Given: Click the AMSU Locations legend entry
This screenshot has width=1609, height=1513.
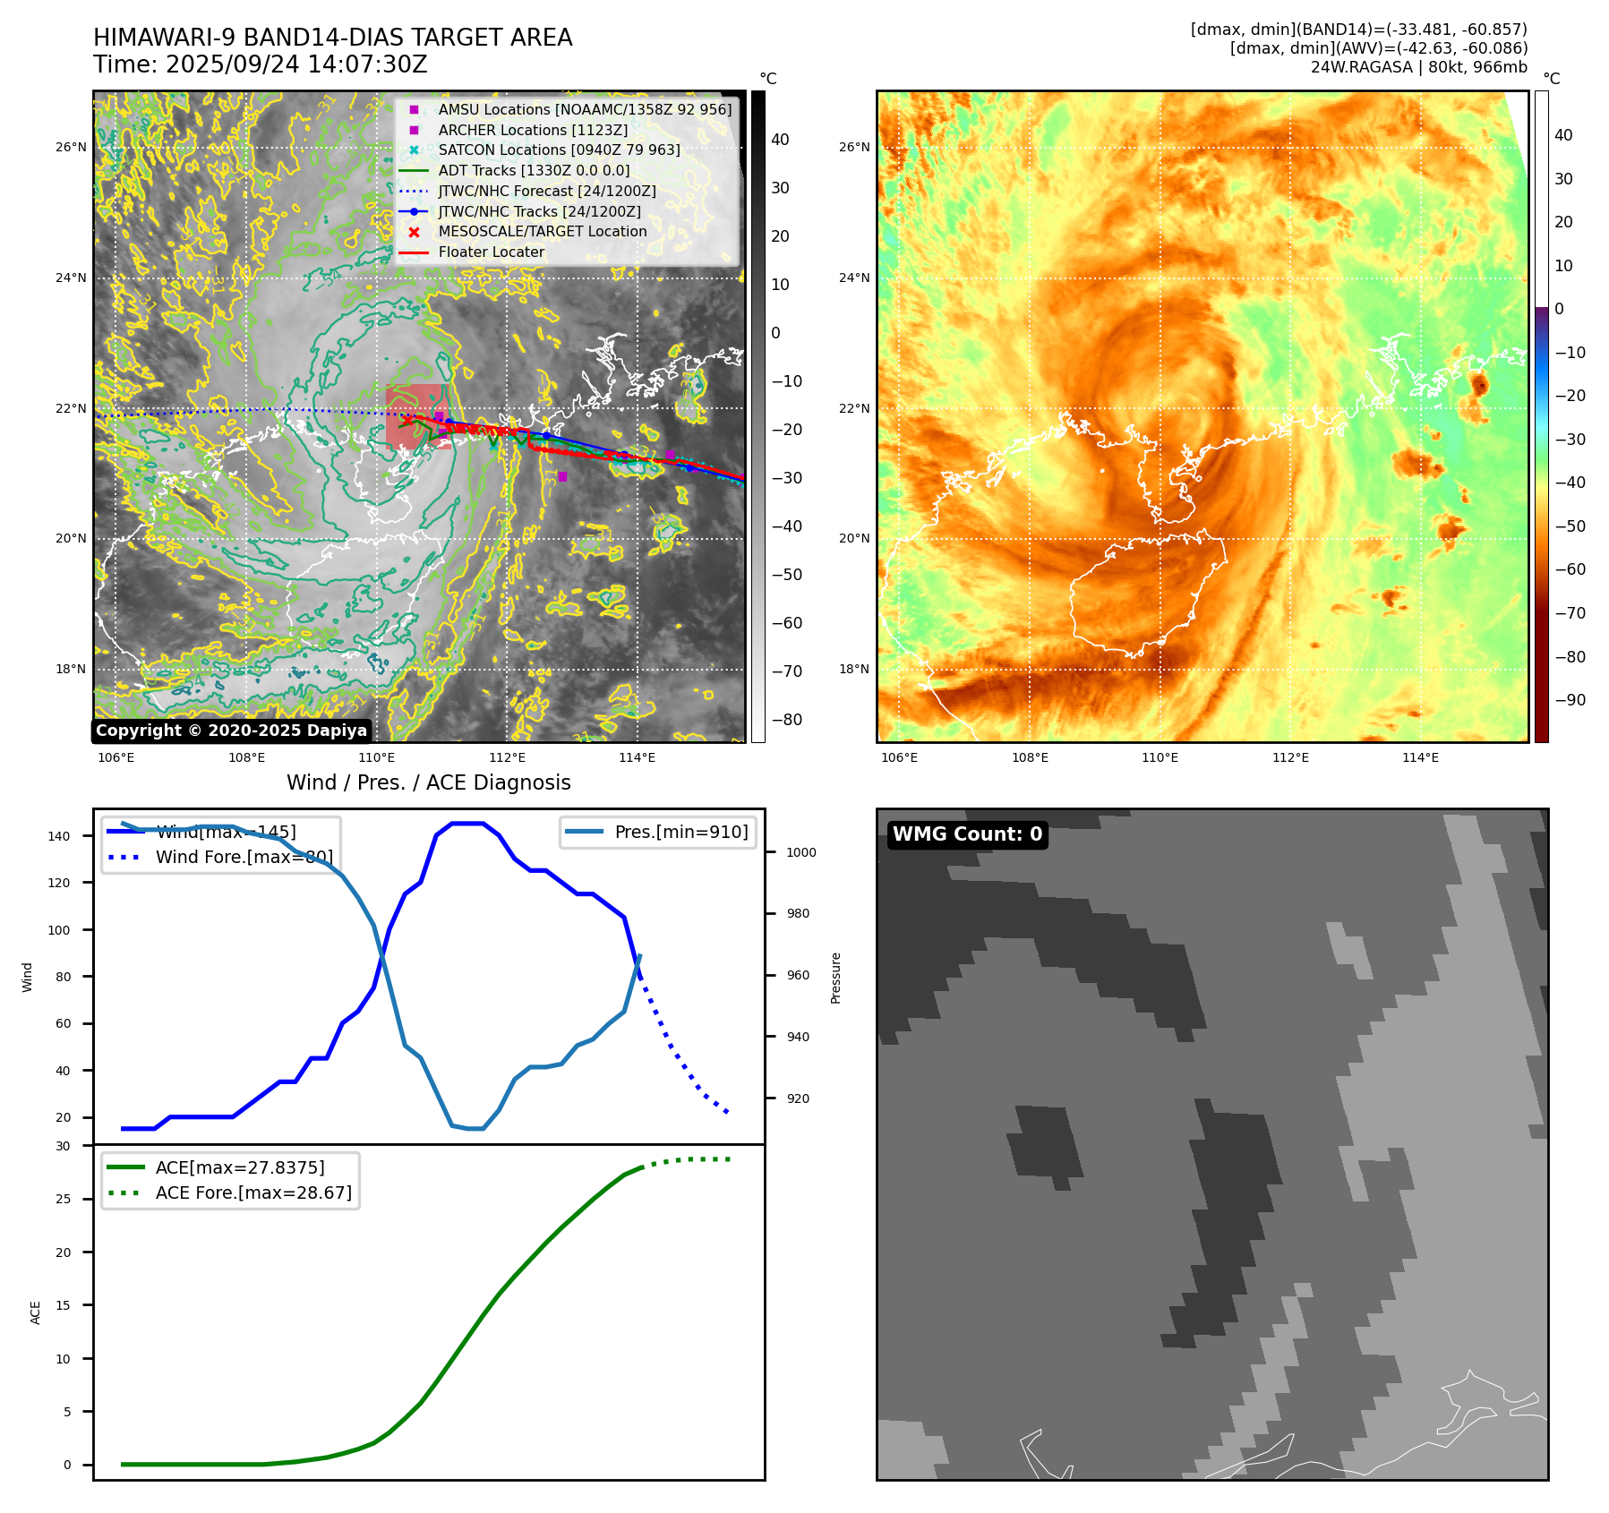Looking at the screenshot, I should tap(584, 109).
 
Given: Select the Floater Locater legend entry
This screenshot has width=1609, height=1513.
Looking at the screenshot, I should tap(491, 252).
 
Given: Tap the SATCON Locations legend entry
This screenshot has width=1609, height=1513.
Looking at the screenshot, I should tap(559, 150).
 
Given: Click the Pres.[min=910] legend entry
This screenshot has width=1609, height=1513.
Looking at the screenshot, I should tap(680, 832).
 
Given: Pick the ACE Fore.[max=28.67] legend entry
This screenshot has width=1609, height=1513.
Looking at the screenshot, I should tap(253, 1192).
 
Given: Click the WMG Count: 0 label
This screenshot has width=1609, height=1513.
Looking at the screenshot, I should tap(967, 834).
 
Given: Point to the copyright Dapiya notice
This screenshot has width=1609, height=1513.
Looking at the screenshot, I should tap(231, 731).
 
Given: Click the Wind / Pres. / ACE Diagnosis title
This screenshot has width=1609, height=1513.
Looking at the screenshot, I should tap(428, 782).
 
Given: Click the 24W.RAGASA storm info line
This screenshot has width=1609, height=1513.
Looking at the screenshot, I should tap(1418, 67).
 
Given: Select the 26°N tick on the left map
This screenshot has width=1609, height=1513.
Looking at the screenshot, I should tap(72, 148).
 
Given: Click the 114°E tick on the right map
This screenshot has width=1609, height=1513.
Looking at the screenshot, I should tap(1420, 758).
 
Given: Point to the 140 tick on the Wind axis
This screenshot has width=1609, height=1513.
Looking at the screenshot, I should tap(59, 836).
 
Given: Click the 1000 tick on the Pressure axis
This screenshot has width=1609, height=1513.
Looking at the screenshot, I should tap(800, 852).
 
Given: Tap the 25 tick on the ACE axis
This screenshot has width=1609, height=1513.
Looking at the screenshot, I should tap(64, 1199).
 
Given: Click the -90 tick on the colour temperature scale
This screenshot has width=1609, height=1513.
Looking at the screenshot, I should tap(1570, 700).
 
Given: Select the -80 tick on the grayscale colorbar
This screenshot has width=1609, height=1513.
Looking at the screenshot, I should tap(786, 720).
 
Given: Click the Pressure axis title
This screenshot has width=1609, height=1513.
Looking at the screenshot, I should tap(835, 978).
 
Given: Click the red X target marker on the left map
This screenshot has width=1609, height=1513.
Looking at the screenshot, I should tap(407, 419).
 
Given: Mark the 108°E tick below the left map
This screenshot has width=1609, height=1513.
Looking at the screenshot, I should tap(246, 758).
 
